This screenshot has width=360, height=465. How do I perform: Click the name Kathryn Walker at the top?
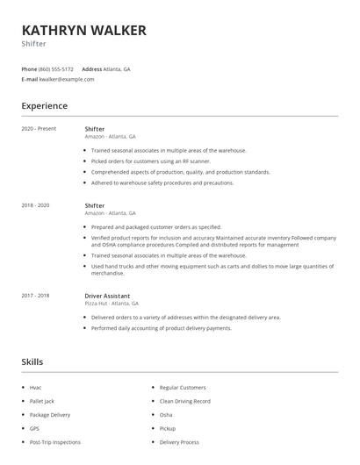(x=83, y=31)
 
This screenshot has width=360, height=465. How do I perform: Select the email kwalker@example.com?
(x=67, y=79)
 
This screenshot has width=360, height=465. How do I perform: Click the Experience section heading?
(x=44, y=106)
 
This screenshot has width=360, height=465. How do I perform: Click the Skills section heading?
(x=32, y=361)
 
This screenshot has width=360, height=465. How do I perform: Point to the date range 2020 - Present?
(x=39, y=129)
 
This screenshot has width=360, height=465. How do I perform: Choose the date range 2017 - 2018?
(x=36, y=297)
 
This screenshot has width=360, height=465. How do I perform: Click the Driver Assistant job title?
(x=107, y=297)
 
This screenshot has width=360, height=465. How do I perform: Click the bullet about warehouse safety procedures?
(x=162, y=183)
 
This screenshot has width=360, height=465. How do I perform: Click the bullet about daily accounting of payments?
(x=161, y=328)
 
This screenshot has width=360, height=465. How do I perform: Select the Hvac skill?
(x=35, y=387)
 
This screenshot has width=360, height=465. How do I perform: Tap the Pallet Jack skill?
(x=41, y=401)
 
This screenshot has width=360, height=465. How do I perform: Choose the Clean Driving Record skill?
(x=185, y=401)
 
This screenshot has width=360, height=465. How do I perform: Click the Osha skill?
(x=166, y=415)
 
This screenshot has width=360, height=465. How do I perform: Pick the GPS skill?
(x=34, y=429)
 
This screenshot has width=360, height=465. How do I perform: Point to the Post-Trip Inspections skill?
(x=54, y=443)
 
